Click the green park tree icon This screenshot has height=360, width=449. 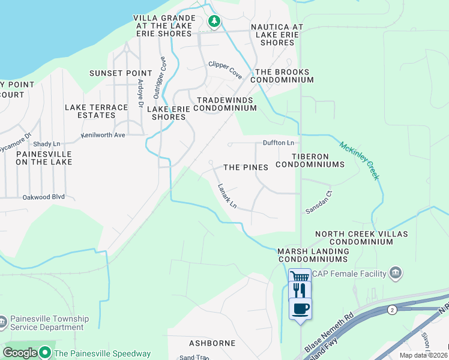click(214, 22)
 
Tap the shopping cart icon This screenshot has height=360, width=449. click(300, 277)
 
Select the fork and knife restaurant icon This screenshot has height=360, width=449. click(300, 290)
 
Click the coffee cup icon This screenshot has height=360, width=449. click(300, 308)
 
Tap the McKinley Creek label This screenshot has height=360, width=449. click(360, 160)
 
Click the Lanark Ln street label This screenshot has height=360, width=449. click(228, 196)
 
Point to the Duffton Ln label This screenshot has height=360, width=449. click(279, 143)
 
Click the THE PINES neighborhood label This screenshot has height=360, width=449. click(246, 167)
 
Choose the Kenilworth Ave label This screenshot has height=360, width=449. click(103, 135)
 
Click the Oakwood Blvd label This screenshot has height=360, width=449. click(43, 196)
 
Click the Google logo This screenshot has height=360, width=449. click(20, 353)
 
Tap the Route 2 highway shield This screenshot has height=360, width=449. click(392, 310)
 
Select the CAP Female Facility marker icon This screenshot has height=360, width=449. click(395, 274)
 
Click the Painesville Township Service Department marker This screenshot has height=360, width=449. click(3, 323)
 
